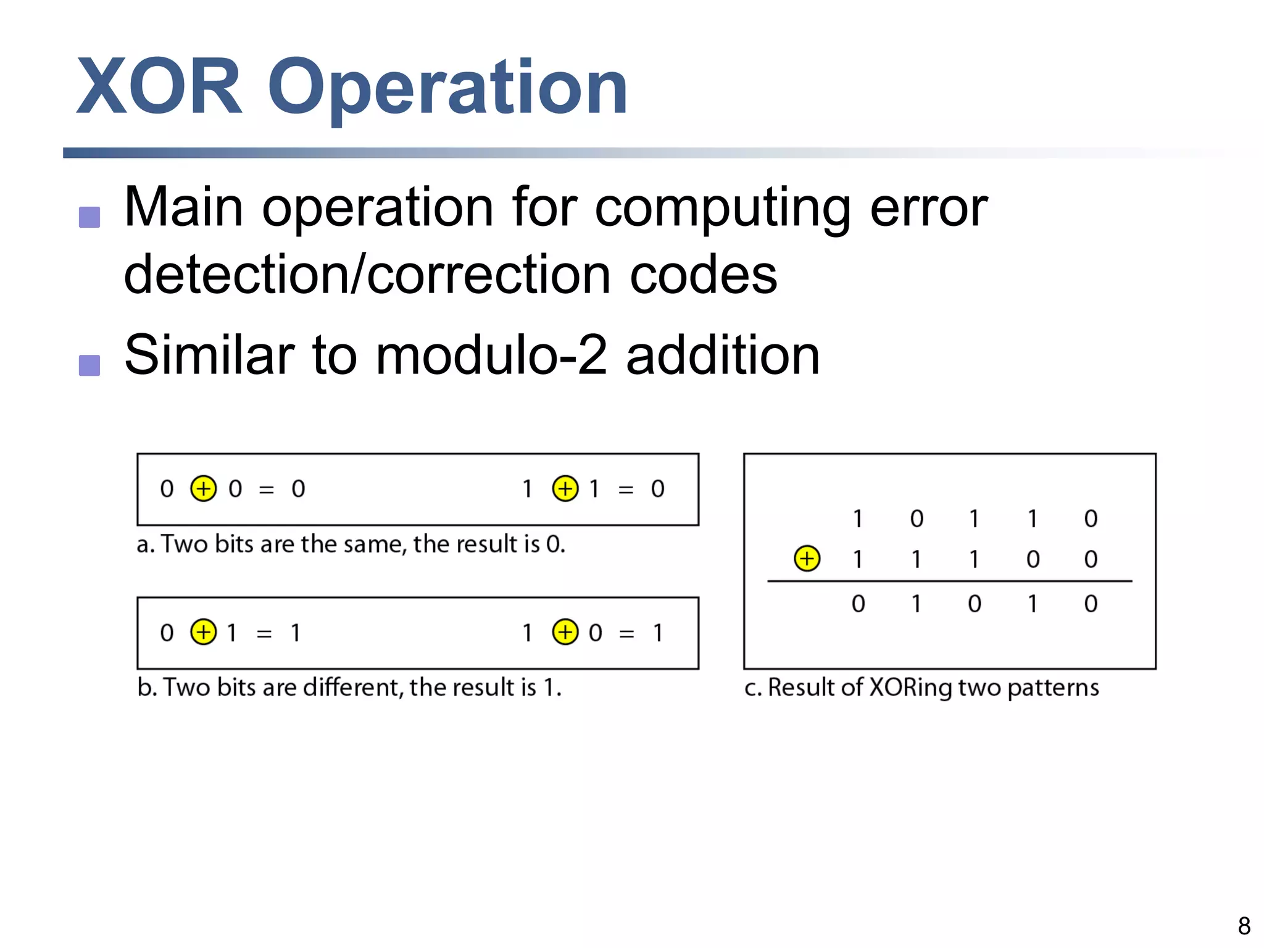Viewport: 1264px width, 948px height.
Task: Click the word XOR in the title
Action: (x=159, y=86)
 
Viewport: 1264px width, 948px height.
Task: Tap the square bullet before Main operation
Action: (x=89, y=217)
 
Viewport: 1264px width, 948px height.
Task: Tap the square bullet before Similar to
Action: (x=89, y=365)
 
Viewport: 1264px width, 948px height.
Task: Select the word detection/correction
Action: (x=367, y=275)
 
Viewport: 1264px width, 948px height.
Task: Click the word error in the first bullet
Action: (x=928, y=209)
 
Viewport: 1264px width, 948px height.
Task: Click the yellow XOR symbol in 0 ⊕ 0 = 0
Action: (x=203, y=489)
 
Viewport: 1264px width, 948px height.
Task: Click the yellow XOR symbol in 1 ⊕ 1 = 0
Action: (x=565, y=489)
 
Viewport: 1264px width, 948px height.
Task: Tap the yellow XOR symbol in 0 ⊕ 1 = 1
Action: (x=203, y=632)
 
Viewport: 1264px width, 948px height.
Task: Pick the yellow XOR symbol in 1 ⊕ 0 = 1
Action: (x=565, y=632)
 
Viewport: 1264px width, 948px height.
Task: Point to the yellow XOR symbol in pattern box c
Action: (x=807, y=559)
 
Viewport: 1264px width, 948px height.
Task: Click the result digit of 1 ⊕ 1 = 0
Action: (x=658, y=489)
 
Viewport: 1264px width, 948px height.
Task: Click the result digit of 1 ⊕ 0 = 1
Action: (x=658, y=633)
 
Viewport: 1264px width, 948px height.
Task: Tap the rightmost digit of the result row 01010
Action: (x=1091, y=604)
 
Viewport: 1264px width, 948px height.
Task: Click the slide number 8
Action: (x=1244, y=926)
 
